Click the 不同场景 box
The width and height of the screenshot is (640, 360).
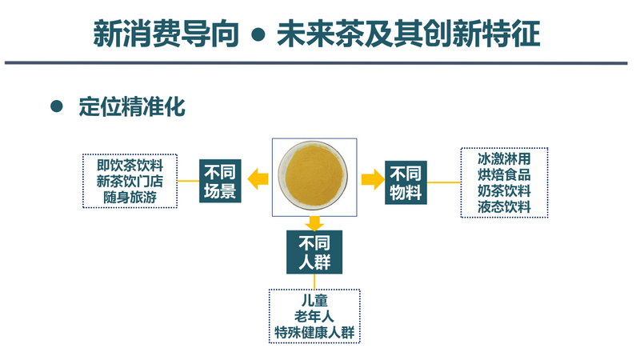coord(220,181)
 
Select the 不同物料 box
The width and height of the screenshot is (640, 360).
coord(406,182)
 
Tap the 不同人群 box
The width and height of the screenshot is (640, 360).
coord(314,252)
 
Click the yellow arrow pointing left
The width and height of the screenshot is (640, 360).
coord(258,178)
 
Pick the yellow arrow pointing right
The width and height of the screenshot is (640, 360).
coord(373,178)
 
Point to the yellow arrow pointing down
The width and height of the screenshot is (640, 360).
coord(314,223)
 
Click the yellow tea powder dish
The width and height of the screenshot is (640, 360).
coord(313,175)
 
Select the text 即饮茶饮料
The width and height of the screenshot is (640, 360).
coord(130,166)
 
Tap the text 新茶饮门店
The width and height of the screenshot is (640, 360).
coord(130,182)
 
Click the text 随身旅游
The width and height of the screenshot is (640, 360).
coord(130,197)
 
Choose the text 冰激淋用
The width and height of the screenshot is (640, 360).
coord(504,158)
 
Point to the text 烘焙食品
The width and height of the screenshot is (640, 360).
coord(504,174)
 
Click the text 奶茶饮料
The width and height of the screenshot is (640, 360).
coord(504,190)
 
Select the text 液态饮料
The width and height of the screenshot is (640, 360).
coord(504,206)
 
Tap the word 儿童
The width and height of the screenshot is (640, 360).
coord(314,301)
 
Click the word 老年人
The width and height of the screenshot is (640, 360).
coord(314,316)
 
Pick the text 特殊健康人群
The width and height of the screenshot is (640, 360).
coord(314,332)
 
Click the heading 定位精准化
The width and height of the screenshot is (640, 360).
coord(132,107)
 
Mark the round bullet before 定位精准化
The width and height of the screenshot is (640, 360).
coord(57,106)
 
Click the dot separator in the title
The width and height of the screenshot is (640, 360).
coord(258,34)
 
